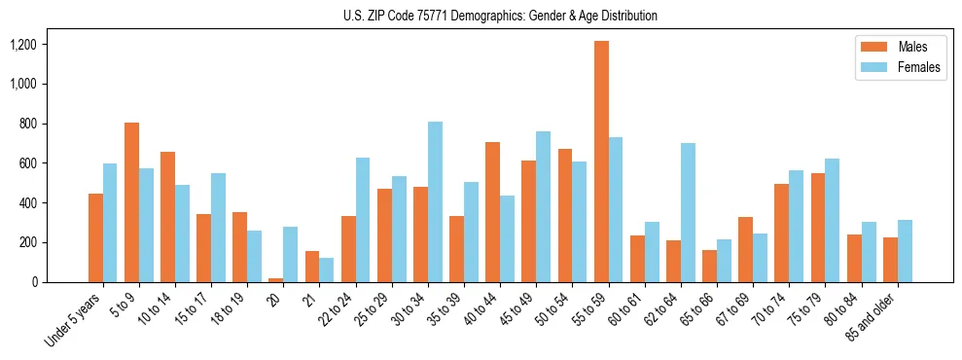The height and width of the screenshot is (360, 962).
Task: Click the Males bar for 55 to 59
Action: pyautogui.click(x=602, y=162)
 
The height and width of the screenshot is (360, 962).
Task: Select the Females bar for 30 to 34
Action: pyautogui.click(x=436, y=201)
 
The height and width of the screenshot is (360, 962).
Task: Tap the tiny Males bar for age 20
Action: pyautogui.click(x=276, y=279)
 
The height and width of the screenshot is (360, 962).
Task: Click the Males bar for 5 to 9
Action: pyautogui.click(x=132, y=202)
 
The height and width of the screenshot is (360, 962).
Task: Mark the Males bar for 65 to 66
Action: pyautogui.click(x=710, y=266)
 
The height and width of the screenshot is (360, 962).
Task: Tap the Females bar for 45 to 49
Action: pyautogui.click(x=544, y=206)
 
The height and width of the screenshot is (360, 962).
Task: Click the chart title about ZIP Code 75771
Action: pyautogui.click(x=500, y=16)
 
